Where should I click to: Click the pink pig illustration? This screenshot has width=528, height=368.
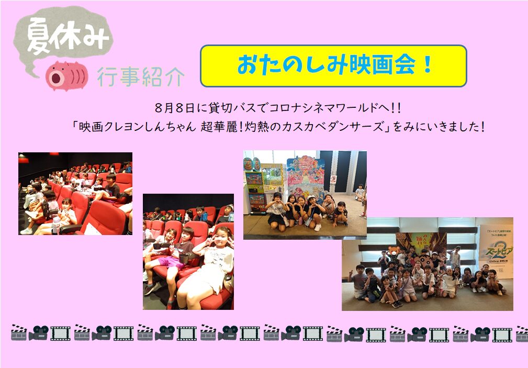pos(66,76)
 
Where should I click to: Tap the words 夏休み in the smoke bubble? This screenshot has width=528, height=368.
pos(68,36)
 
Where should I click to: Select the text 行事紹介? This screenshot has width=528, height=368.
pos(140,76)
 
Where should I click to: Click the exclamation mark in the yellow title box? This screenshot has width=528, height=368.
pos(428,65)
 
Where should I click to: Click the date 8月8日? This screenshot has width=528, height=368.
pos(175,108)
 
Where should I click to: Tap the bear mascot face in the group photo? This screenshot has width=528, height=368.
pos(394,251)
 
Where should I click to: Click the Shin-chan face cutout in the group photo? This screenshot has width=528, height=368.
pos(424,259)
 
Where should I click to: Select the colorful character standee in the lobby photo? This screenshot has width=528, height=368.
pos(306,175)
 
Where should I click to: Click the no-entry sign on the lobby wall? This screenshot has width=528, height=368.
pos(333,179)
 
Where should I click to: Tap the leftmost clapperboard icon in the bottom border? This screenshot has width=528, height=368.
pos(19,332)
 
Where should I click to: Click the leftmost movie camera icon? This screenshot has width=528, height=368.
pos(38,333)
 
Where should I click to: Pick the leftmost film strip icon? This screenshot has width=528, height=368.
pos(61,333)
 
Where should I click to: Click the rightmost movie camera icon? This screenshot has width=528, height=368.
pos(480,333)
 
